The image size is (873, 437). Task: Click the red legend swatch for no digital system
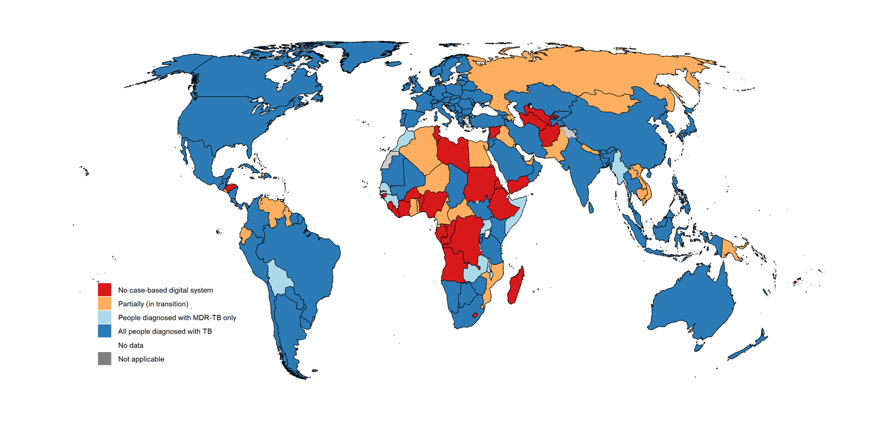105,290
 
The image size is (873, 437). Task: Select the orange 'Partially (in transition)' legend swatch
105,303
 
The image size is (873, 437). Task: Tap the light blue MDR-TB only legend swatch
105,317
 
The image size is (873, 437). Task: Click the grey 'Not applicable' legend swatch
105,359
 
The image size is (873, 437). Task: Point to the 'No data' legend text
130,346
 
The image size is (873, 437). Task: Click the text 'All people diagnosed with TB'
165,331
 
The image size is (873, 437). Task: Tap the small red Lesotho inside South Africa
475,315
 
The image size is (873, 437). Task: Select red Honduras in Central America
231,188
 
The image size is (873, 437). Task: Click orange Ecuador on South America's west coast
245,235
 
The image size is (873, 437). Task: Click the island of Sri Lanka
591,208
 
